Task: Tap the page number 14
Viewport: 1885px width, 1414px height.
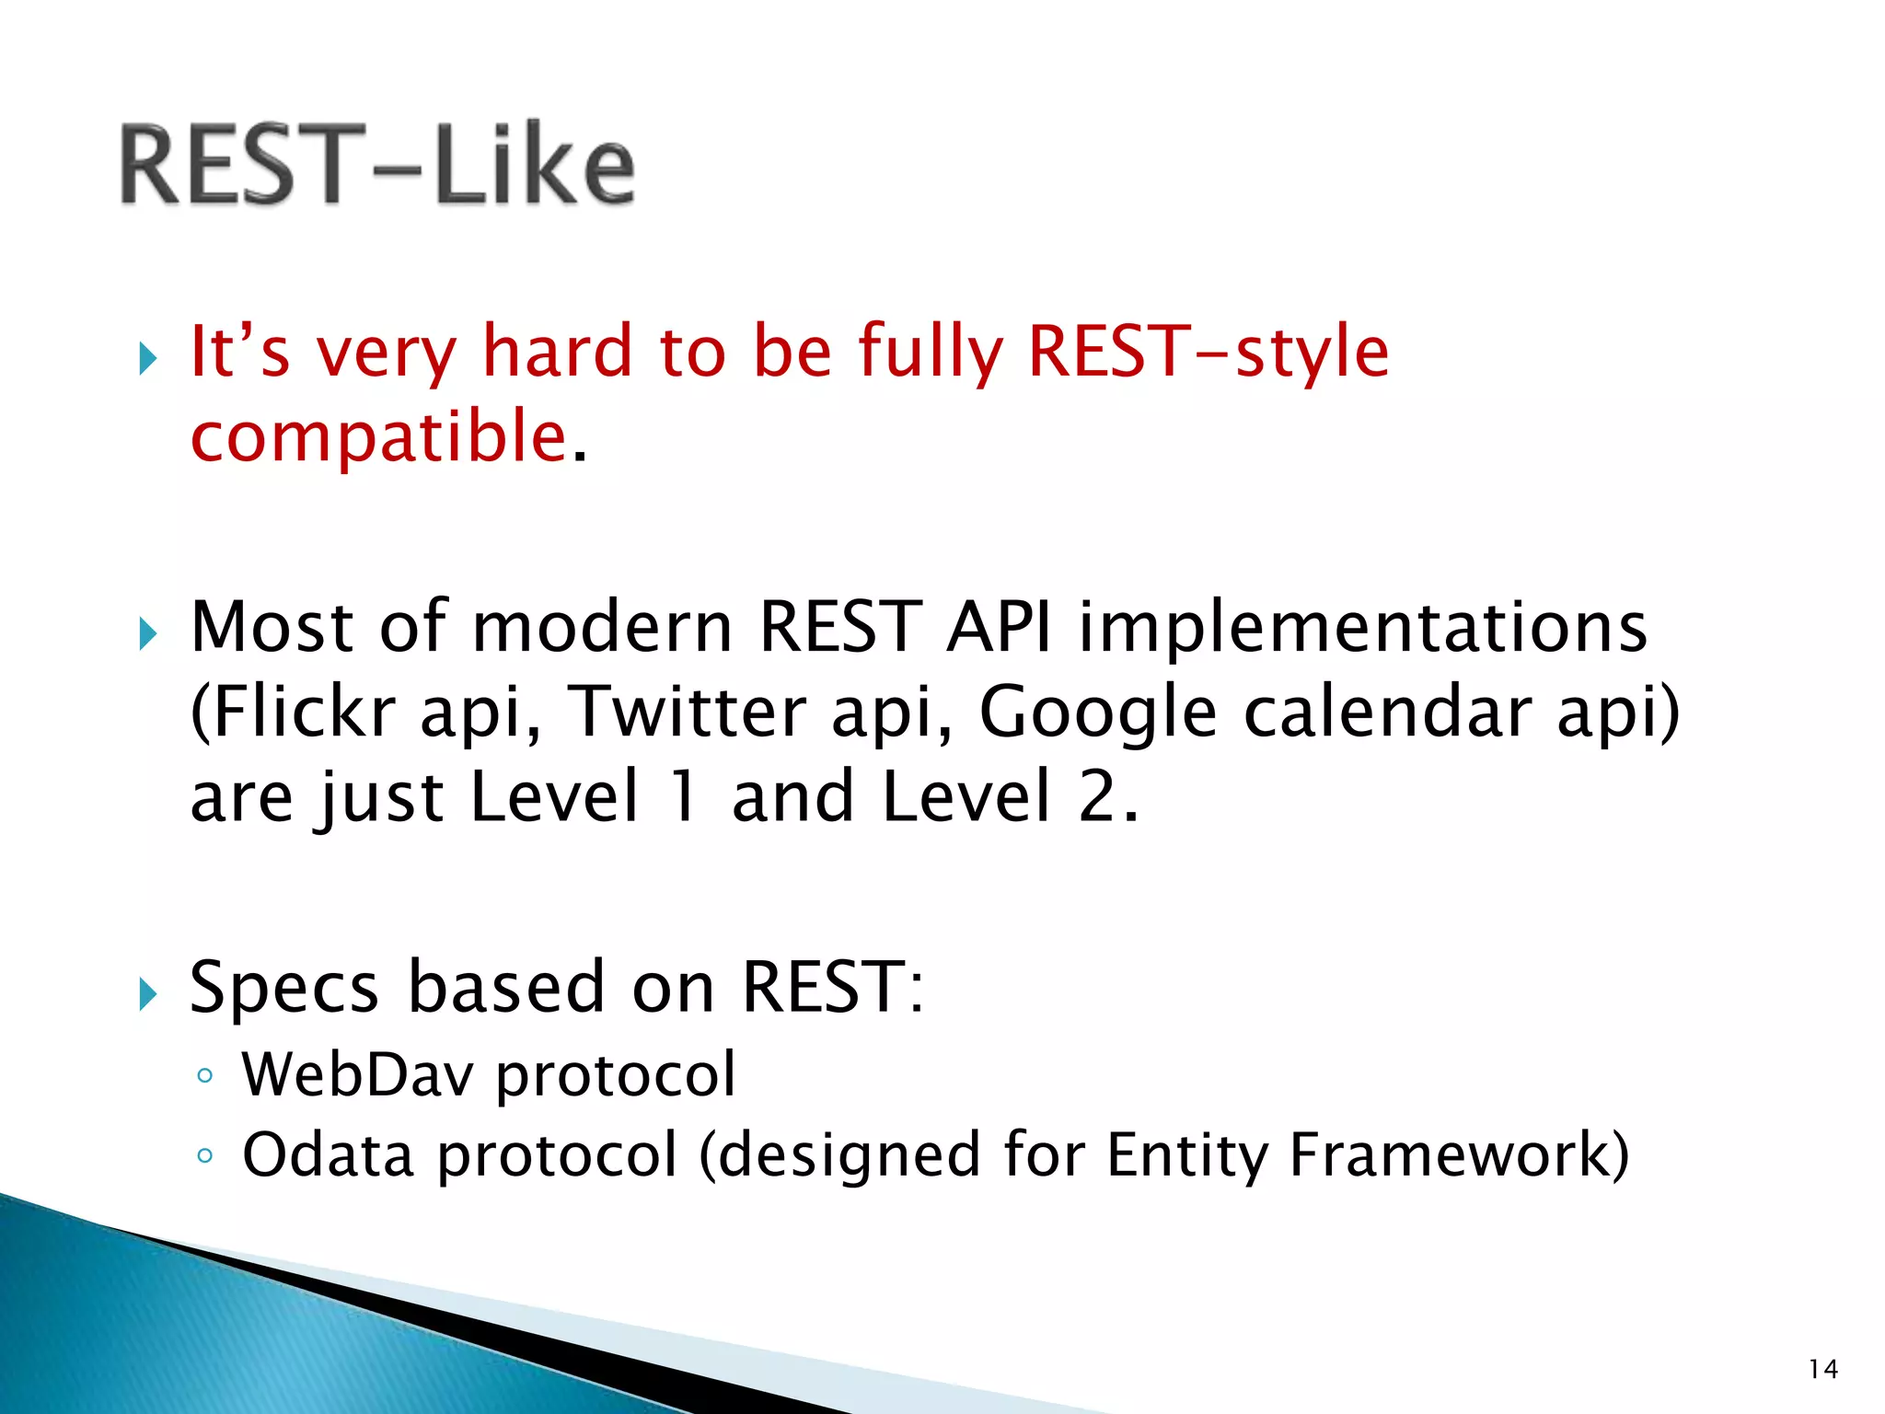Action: click(x=1822, y=1369)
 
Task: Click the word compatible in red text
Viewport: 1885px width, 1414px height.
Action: click(x=378, y=436)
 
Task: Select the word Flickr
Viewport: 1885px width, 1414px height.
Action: click(x=293, y=712)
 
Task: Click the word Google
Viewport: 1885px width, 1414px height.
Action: click(x=1097, y=712)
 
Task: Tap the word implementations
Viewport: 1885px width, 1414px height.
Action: click(x=1362, y=627)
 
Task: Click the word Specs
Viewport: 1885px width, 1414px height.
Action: click(x=283, y=988)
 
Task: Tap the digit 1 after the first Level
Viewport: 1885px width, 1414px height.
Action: click(x=683, y=796)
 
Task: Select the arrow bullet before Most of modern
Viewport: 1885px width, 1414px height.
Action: click(x=147, y=633)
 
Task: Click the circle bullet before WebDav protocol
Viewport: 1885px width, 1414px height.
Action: click(x=205, y=1075)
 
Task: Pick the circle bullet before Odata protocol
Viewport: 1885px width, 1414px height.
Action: click(x=205, y=1156)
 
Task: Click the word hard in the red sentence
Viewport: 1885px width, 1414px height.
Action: click(x=558, y=352)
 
